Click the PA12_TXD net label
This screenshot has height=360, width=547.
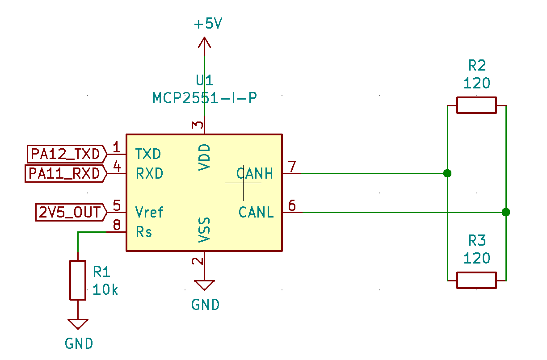(x=65, y=154)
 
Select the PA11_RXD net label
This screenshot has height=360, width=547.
(x=64, y=173)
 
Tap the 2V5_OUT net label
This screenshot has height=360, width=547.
(x=70, y=212)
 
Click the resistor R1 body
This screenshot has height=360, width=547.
(x=78, y=280)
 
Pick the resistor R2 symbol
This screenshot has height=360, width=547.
(x=476, y=105)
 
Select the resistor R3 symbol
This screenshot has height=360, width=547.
(x=476, y=280)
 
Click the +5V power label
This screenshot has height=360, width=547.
(x=207, y=24)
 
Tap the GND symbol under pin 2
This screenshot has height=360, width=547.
(x=204, y=286)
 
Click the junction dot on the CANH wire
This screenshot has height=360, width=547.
(x=447, y=173)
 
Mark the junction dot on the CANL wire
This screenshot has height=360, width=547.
(x=505, y=212)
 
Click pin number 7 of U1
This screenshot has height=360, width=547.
(x=292, y=166)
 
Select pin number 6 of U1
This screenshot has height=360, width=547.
(x=292, y=205)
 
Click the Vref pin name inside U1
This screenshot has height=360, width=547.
(x=149, y=212)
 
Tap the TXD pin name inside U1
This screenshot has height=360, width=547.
(x=148, y=155)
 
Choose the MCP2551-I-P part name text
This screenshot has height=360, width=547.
(x=205, y=98)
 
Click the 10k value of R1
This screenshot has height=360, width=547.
(x=105, y=290)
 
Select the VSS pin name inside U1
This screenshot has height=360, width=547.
(x=204, y=230)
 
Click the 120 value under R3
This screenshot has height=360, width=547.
(x=476, y=259)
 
